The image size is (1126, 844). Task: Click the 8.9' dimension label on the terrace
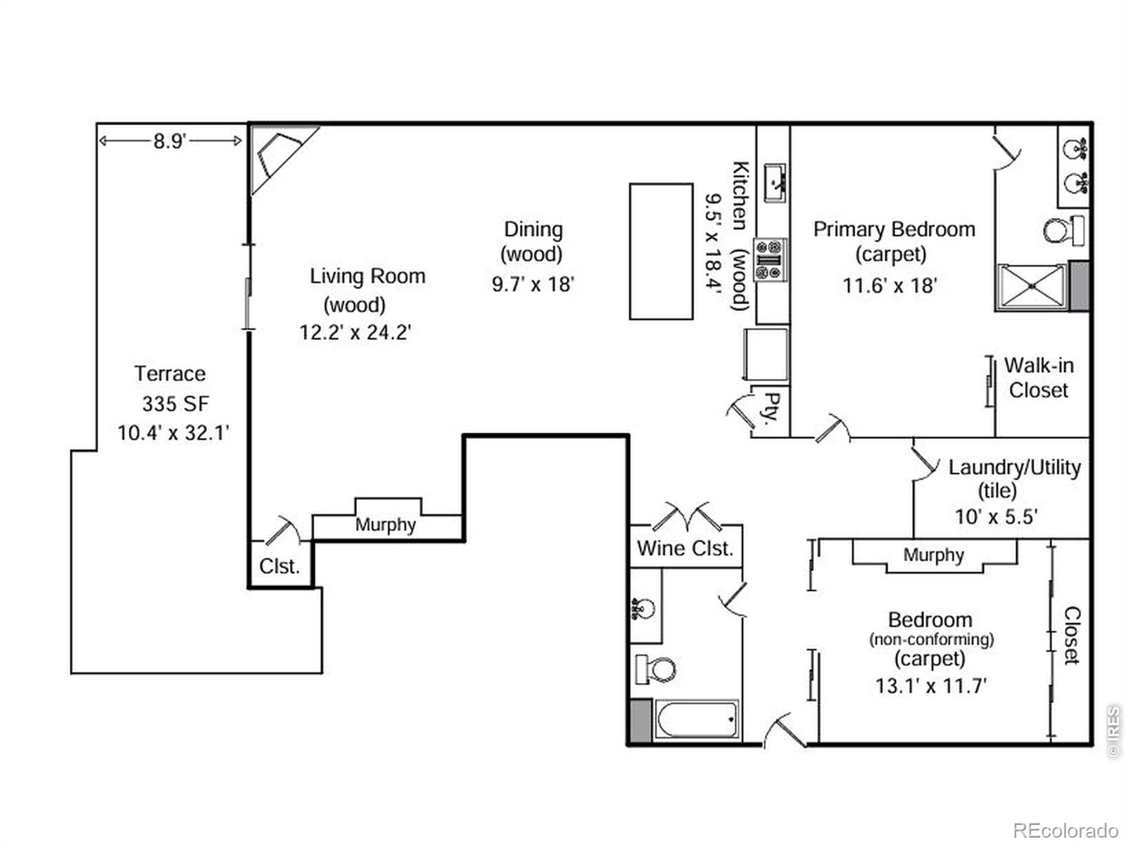tap(170, 141)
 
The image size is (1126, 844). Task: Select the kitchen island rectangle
tap(661, 251)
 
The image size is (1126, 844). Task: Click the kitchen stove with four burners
tap(770, 260)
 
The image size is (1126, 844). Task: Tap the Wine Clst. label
tap(685, 548)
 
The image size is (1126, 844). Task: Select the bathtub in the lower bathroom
tap(697, 720)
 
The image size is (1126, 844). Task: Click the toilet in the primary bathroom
tap(1062, 230)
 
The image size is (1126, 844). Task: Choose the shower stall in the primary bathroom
tap(1032, 286)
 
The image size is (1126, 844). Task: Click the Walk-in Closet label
tap(1038, 378)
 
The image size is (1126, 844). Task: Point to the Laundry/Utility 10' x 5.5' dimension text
tap(995, 517)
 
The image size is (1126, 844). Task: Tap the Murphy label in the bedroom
tap(933, 555)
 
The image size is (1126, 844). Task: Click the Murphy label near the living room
tap(385, 525)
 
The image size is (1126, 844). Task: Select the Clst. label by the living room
tap(279, 566)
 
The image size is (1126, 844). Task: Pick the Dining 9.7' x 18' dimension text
tap(533, 284)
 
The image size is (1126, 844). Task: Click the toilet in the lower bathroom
tap(655, 669)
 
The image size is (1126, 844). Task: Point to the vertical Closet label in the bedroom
tap(1071, 635)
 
